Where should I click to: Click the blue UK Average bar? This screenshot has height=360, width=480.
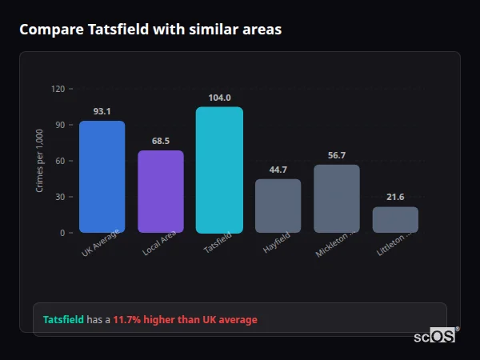[102, 177]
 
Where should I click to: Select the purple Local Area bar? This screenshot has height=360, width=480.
[160, 192]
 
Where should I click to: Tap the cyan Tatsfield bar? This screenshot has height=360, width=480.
[219, 170]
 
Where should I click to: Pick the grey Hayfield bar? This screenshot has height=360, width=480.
[278, 206]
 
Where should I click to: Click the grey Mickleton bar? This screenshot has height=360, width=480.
[337, 198]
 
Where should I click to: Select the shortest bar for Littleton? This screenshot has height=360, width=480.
[395, 220]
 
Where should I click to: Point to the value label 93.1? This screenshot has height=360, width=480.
[102, 111]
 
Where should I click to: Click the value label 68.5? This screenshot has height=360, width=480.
[160, 141]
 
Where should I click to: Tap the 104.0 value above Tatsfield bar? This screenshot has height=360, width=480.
[219, 98]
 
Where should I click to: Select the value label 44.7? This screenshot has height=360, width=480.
[278, 170]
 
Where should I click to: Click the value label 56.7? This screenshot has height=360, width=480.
[337, 155]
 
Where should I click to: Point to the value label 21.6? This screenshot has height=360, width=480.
[395, 197]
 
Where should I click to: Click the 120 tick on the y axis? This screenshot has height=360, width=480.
[58, 89]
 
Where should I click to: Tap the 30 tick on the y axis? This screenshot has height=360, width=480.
[60, 197]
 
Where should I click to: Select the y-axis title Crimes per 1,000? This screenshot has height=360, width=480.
[39, 161]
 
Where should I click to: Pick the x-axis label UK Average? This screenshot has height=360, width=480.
[100, 244]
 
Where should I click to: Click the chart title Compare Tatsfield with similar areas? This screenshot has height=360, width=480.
[150, 30]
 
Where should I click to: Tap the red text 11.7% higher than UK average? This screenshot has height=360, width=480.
[185, 320]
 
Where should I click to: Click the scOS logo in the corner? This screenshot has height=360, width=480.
[435, 336]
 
